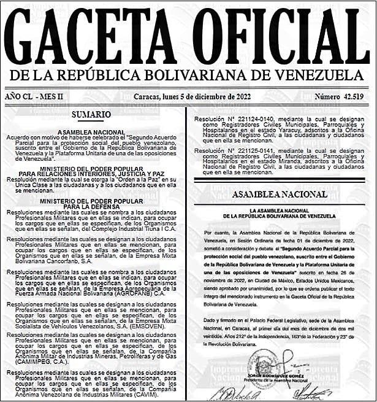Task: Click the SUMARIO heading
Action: [91, 115]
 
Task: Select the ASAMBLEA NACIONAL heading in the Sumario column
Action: [91, 132]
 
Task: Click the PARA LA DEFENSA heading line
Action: [91, 206]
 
